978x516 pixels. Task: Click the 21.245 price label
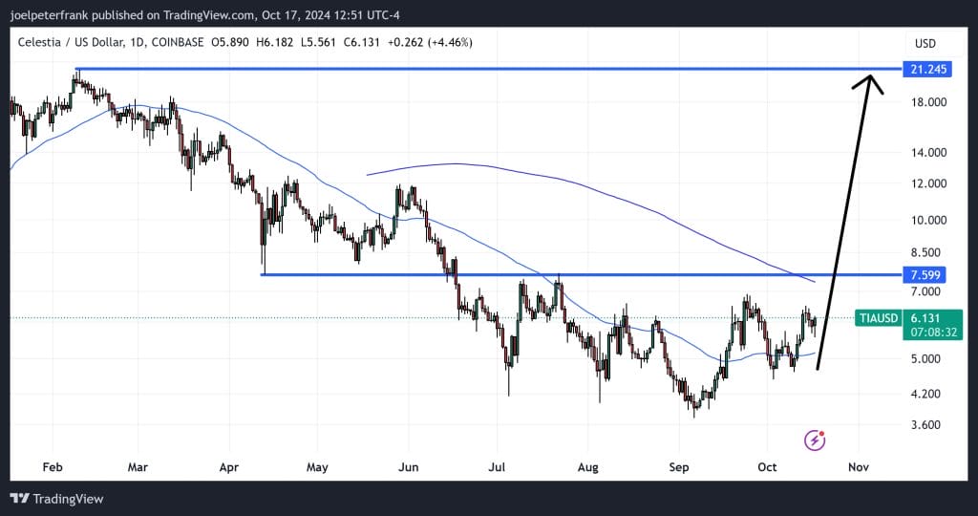point(930,69)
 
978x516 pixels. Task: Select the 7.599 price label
point(930,275)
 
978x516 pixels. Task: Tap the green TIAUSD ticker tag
point(879,318)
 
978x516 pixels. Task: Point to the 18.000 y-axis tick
point(927,102)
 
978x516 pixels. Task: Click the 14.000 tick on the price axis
point(927,153)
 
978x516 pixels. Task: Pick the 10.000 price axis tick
point(927,220)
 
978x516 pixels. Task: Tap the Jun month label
point(408,468)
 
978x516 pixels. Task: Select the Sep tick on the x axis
point(679,468)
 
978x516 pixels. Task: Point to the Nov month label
point(858,468)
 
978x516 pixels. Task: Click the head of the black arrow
point(870,81)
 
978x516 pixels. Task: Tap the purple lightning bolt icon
point(815,440)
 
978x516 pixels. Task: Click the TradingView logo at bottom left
point(56,499)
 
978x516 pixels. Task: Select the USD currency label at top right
point(925,43)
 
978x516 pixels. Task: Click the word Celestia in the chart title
point(39,42)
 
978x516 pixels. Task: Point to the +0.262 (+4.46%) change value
point(425,42)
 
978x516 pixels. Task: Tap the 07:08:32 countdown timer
point(934,333)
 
